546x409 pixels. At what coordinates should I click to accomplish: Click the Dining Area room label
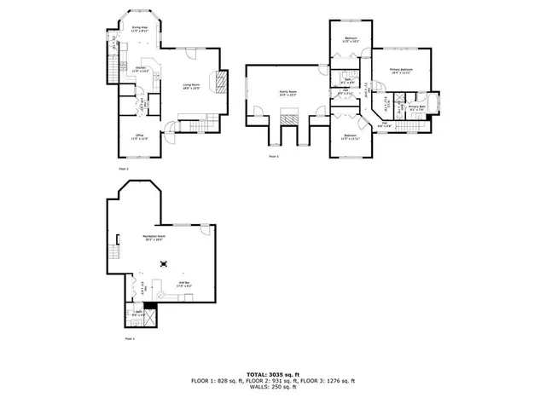click(138, 29)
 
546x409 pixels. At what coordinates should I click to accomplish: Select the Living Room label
click(190, 85)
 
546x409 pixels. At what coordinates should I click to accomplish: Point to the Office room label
click(139, 136)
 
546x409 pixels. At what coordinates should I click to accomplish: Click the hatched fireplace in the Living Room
click(219, 82)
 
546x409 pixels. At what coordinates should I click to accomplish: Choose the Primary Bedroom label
click(401, 71)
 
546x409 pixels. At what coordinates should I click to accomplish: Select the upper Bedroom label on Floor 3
click(351, 39)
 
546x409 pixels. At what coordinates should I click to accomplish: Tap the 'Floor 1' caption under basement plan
click(130, 338)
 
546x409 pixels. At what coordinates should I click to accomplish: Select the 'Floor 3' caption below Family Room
click(274, 157)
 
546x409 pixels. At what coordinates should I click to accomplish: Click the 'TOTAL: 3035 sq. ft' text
click(272, 374)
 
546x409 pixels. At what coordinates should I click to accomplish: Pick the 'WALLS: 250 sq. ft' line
click(272, 388)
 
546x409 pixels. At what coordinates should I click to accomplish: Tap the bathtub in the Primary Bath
click(435, 106)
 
